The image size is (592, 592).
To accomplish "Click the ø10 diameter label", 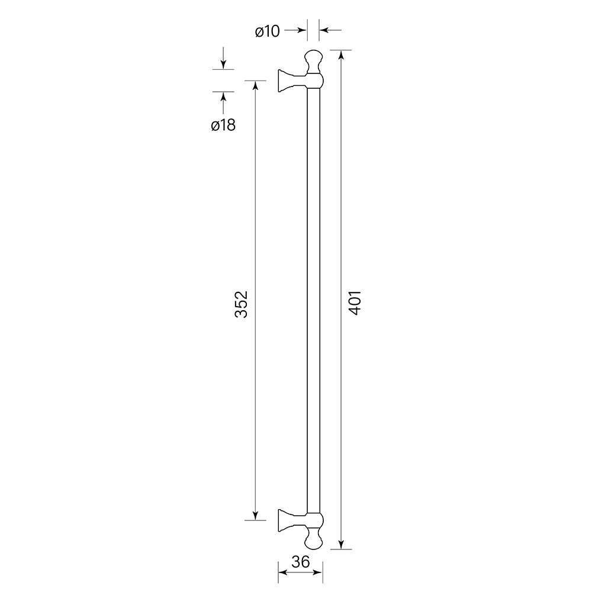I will [x=268, y=30].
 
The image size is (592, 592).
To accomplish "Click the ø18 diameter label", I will [x=223, y=125].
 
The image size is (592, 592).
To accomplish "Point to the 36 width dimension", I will [x=301, y=562].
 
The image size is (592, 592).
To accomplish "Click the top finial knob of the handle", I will [x=314, y=60].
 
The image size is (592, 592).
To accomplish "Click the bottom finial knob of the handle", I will [x=314, y=538].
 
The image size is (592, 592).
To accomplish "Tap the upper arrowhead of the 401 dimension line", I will [x=342, y=55].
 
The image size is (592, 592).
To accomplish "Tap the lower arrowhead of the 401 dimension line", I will [x=342, y=544].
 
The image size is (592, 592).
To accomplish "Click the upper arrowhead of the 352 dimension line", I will [x=255, y=85].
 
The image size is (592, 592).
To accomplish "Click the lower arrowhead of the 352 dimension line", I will [x=255, y=516].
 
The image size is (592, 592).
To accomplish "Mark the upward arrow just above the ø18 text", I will [x=223, y=97].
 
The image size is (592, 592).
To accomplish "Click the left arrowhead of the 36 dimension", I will [x=282, y=572].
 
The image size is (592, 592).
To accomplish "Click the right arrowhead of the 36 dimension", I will [x=319, y=572].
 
